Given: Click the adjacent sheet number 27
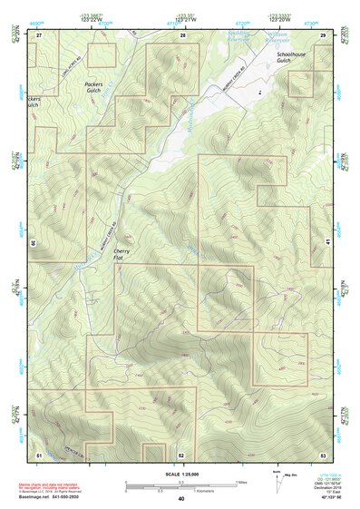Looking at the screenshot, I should pos(40,34).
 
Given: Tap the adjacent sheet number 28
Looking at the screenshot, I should pos(182,34).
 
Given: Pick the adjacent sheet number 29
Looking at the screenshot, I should pos(323,34).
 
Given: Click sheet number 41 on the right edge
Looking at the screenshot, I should pos(327,240).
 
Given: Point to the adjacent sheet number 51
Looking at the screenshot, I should pos(40,455).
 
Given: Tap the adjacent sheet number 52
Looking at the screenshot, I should pos(181,455).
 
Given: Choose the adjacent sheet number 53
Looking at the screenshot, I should pos(323,455).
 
